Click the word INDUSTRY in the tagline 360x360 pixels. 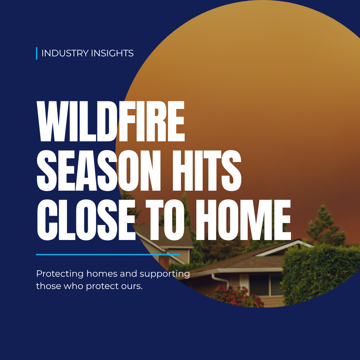[65, 53]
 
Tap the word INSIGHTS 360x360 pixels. [112, 53]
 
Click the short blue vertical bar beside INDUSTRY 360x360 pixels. [37, 53]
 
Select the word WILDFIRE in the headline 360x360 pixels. [111, 121]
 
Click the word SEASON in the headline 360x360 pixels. [99, 171]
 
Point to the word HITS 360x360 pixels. [207, 171]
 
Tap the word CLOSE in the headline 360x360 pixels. [86, 220]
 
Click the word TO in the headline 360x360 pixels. [165, 220]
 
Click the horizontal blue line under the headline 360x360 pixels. [108, 254]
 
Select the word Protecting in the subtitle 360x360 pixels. [60, 274]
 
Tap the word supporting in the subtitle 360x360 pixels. [165, 274]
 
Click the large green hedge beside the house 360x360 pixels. [319, 274]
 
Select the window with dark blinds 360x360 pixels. [266, 285]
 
